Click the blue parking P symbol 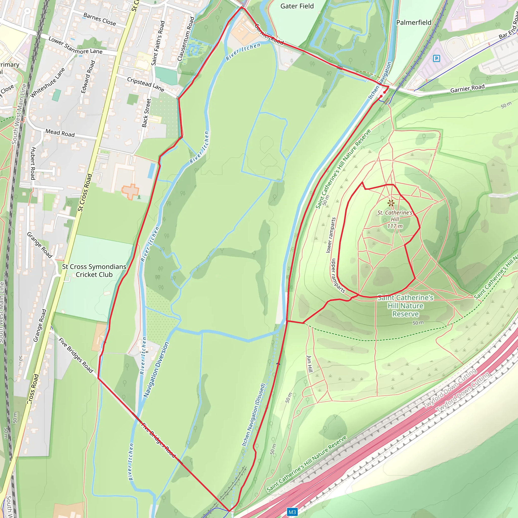[437, 58]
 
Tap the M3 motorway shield [292, 512]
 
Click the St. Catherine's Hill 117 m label [395, 219]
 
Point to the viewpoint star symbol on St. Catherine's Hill [391, 203]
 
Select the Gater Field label [297, 6]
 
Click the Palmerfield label [414, 23]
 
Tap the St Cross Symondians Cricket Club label [94, 271]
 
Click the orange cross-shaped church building [130, 191]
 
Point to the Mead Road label [60, 133]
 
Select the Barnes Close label [100, 19]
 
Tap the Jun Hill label [310, 364]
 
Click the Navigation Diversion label [156, 370]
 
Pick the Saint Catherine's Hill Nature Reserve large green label [405, 306]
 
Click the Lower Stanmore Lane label [75, 46]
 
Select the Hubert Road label [33, 163]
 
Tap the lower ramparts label [331, 235]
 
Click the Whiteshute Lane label [48, 83]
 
